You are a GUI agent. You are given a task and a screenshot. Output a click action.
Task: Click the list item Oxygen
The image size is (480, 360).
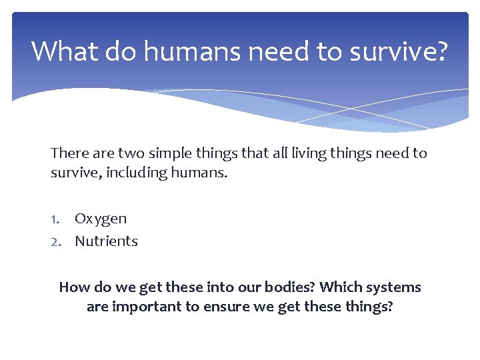click(x=101, y=219)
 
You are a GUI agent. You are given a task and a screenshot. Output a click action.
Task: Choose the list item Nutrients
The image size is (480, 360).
click(x=106, y=241)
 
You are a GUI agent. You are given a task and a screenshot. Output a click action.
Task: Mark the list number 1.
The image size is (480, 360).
click(x=56, y=219)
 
